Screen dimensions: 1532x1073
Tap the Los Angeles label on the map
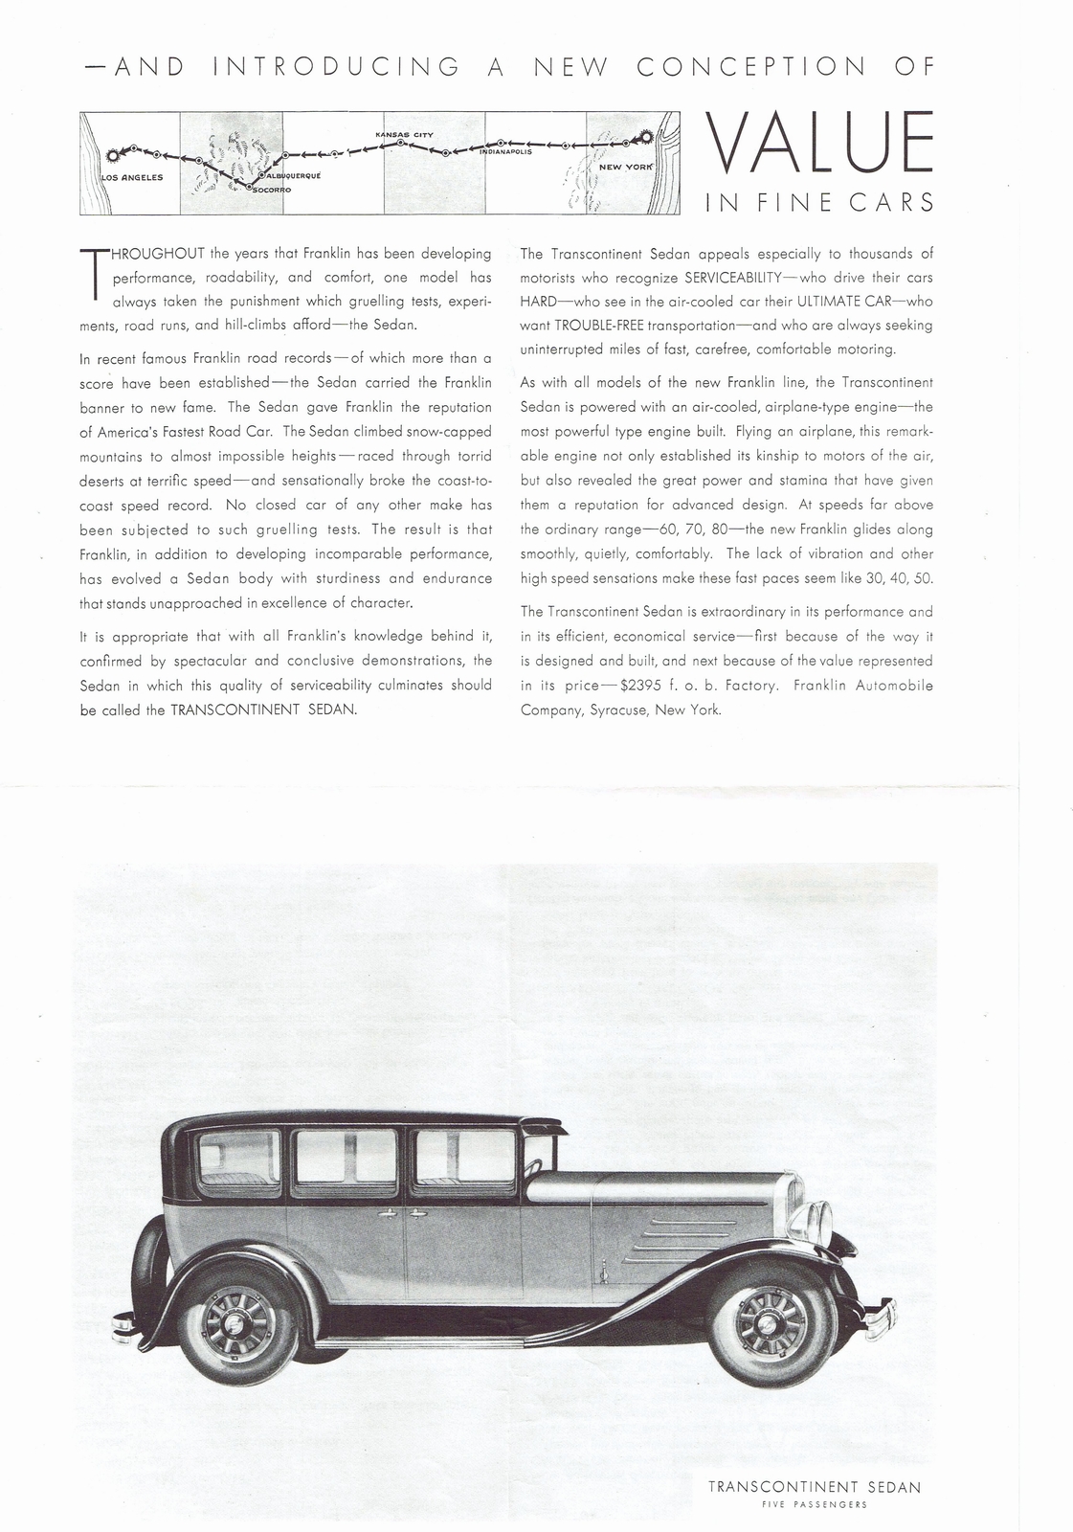[132, 177]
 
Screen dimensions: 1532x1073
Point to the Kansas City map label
[405, 134]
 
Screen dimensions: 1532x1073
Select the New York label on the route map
[625, 167]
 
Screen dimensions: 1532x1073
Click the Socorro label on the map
[271, 191]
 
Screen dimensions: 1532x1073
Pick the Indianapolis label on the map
[500, 151]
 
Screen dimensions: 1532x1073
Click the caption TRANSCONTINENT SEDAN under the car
[815, 1460]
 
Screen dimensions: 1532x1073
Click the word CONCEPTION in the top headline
[750, 66]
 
